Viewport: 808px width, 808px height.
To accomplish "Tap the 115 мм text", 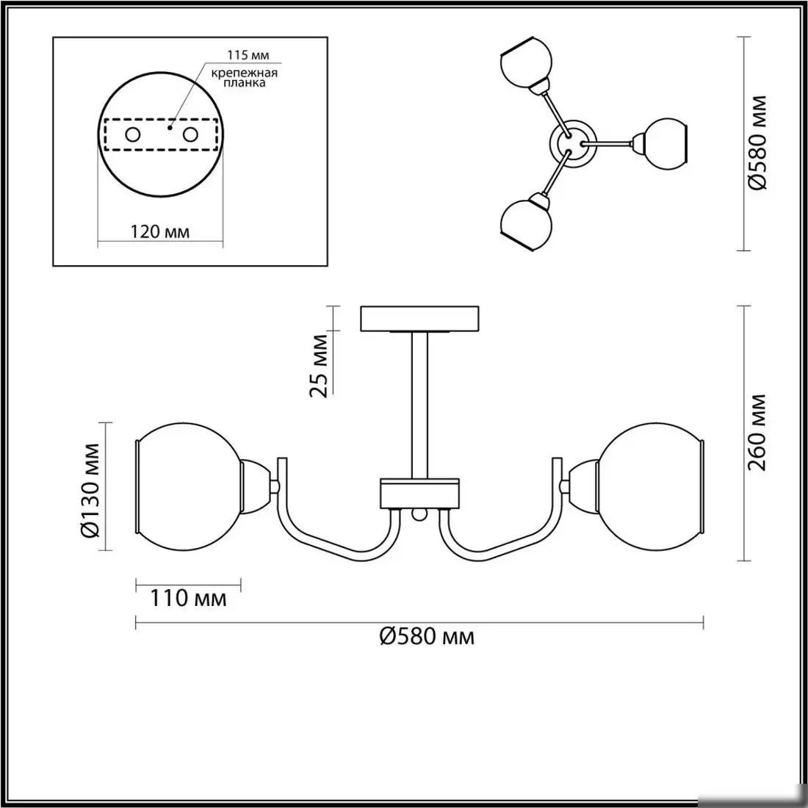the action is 248,55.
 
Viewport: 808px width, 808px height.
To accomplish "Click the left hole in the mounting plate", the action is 133,135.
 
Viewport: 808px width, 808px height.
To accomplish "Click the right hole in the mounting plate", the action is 190,135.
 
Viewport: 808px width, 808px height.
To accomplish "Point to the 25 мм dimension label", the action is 319,366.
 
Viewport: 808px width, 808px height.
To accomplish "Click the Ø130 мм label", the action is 91,483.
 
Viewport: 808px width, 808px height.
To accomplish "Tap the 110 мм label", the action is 188,598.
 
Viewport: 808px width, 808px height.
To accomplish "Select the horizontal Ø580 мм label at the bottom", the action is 427,637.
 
